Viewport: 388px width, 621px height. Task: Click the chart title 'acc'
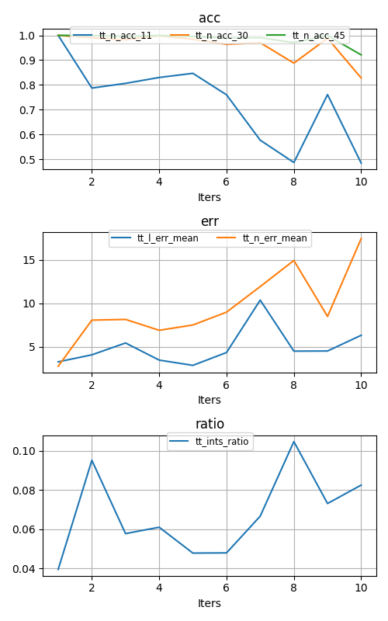pos(210,18)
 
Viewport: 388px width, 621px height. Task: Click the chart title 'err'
pos(210,221)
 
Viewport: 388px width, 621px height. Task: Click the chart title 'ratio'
pos(210,424)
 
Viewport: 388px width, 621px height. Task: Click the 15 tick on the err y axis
pos(29,260)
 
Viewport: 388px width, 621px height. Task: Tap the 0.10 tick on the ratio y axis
pos(25,451)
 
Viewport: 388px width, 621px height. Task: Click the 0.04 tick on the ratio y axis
pos(25,569)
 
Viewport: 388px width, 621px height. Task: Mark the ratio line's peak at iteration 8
pos(293,442)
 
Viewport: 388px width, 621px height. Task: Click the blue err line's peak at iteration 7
pos(260,300)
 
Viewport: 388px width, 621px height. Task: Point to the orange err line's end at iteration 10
pos(361,238)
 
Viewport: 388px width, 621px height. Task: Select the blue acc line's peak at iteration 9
pos(327,95)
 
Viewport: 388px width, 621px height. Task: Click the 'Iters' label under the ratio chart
pos(210,603)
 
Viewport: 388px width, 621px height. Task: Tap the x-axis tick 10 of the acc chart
pos(361,182)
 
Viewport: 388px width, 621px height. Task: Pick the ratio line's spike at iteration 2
pos(92,460)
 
